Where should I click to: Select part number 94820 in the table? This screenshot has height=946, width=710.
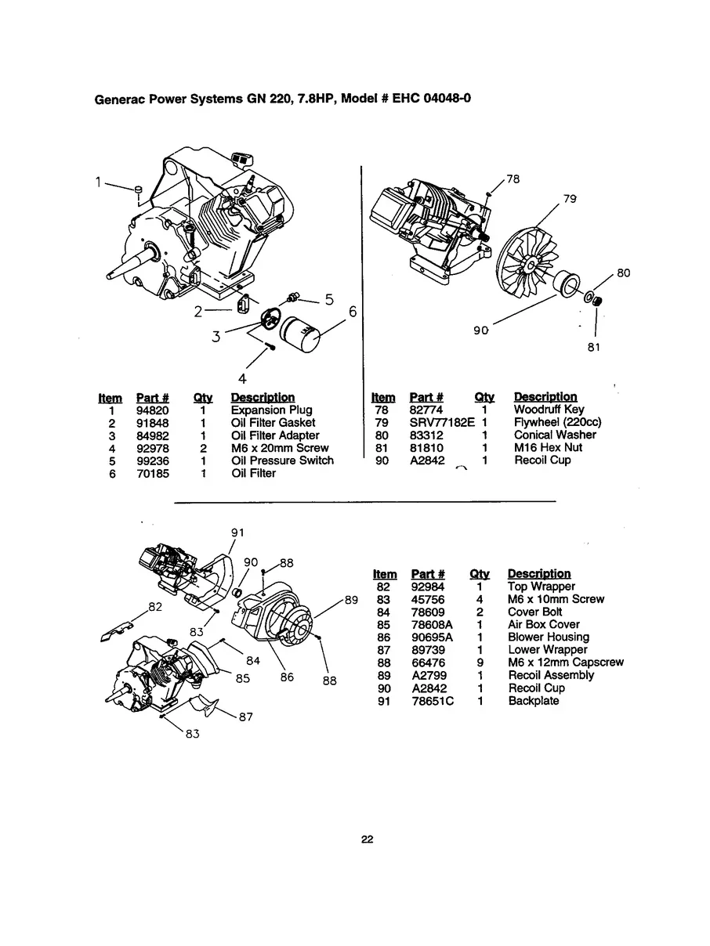pos(152,410)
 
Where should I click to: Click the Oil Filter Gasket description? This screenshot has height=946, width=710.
pos(273,423)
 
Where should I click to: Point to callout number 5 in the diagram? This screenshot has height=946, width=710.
pos(329,298)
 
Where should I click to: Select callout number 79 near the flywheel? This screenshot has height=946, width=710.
pos(570,199)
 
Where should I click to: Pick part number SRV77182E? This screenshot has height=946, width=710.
pos(442,422)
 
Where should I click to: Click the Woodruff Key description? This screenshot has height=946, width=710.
pos(549,410)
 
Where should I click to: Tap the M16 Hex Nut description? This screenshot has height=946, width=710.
pos(548,447)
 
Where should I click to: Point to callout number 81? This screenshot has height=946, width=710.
pos(594,348)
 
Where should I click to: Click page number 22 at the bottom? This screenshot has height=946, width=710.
pos(367,839)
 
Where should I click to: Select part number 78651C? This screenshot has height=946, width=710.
pos(433,701)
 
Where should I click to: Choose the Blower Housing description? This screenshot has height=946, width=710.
pos(549,637)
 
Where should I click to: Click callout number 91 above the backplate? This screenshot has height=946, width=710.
pos(237,532)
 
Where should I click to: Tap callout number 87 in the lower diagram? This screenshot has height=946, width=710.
pos(245,716)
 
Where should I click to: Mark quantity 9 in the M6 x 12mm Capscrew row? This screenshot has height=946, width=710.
pos(479,663)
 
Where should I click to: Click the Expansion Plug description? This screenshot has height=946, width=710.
pos(271,410)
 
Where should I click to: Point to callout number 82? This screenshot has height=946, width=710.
pos(156,606)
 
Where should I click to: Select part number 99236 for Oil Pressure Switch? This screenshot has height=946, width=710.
pos(152,460)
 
